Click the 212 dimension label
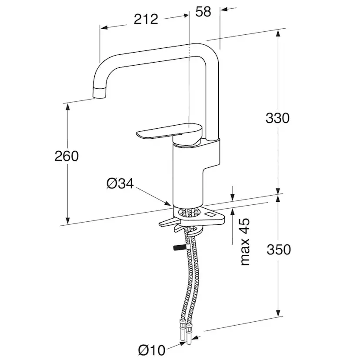pos(146,19)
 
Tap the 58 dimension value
pos(203,11)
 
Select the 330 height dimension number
pos(277,118)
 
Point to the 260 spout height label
pos(67,156)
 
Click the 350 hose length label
pos(279,250)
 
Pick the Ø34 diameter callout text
pos(120,184)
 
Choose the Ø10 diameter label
pos(152,350)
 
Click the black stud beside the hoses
pos(180,248)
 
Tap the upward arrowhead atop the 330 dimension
pos(278,34)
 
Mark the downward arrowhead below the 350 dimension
pos(278,313)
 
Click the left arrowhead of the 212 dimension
pos(104,27)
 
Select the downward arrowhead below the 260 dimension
pos(67,220)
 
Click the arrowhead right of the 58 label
pos(224,9)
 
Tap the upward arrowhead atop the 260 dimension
pos(67,107)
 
